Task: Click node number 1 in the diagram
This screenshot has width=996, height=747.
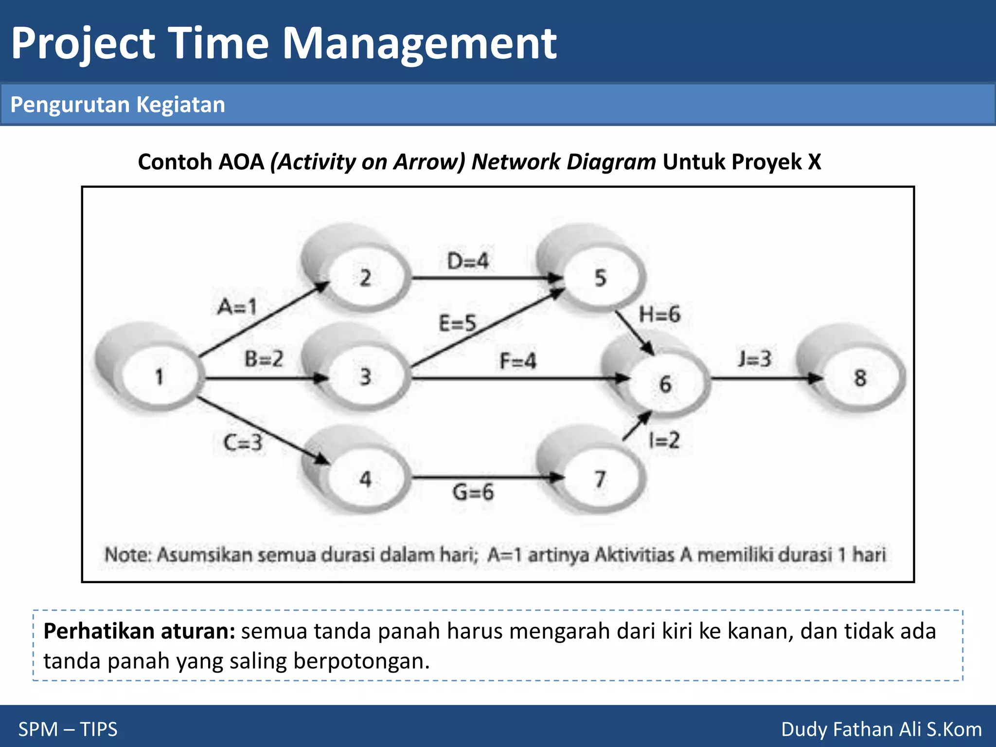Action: (160, 377)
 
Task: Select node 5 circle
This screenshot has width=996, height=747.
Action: (601, 278)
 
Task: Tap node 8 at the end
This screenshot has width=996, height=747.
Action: (860, 378)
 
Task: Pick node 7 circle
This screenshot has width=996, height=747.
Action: (601, 480)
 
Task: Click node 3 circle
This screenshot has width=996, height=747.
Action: (366, 377)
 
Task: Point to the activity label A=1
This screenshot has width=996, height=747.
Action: (237, 307)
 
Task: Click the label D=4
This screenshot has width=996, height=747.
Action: (467, 262)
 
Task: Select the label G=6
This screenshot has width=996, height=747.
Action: (473, 492)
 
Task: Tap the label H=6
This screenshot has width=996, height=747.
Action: (659, 315)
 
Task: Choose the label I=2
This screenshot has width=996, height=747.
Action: (664, 441)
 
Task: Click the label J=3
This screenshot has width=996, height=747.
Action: (754, 359)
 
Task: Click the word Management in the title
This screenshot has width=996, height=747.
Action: (419, 44)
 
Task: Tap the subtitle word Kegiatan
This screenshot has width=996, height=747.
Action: (180, 105)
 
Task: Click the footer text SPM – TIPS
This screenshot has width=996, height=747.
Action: (68, 729)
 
